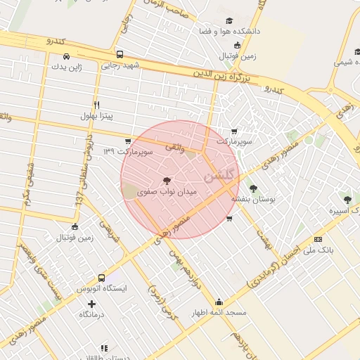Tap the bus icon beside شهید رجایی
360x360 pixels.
120,54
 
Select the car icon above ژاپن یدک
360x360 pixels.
65,56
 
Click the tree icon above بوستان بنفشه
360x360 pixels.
253,188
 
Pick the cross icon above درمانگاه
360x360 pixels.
91,304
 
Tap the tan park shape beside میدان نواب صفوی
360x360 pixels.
131,189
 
